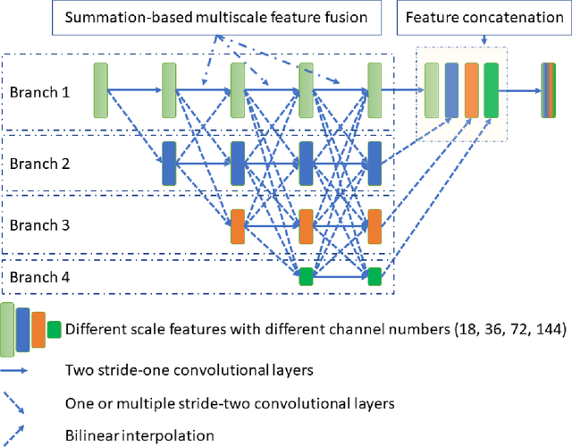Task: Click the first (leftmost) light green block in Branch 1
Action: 100,90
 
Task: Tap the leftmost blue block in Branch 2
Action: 169,164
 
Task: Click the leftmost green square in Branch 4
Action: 306,276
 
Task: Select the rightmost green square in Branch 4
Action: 374,276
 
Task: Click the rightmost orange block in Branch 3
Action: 374,225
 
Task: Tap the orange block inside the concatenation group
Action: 471,90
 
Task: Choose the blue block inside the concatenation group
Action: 451,90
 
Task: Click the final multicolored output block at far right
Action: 547,90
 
